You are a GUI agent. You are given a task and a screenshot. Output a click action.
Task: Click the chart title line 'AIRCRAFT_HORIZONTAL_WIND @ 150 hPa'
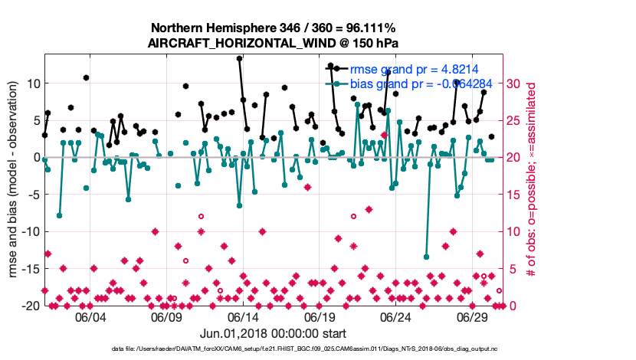click(272, 43)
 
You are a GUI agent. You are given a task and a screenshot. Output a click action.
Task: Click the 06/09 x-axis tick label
click(166, 318)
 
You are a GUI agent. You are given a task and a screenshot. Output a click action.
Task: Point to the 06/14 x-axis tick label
click(243, 318)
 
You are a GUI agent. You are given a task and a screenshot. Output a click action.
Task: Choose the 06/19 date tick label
click(320, 318)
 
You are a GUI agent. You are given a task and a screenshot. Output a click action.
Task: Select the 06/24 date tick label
click(396, 318)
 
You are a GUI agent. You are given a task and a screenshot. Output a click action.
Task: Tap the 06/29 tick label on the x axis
click(473, 318)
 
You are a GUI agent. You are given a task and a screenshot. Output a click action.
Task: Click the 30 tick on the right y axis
click(516, 83)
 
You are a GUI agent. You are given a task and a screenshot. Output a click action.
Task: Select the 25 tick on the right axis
click(516, 120)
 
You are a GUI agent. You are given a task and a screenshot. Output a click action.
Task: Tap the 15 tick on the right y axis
click(516, 195)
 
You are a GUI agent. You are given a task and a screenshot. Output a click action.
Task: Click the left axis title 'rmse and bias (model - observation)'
click(13, 180)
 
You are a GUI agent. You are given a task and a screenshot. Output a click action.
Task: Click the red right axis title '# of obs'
click(530, 180)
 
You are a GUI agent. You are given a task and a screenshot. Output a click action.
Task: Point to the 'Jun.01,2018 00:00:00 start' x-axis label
click(273, 334)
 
